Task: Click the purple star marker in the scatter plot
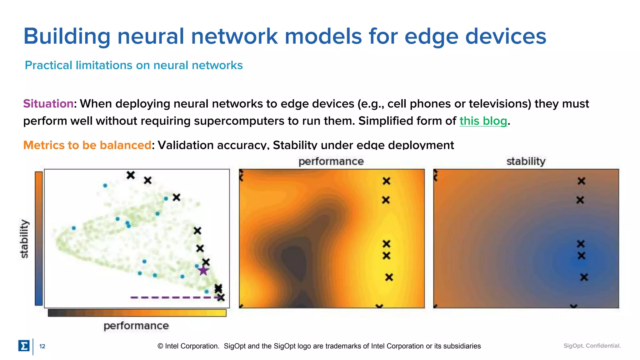[x=203, y=271]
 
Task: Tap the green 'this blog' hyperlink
[x=483, y=121]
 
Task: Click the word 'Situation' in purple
[x=48, y=104]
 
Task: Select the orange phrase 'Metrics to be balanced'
[x=87, y=145]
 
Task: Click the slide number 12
[x=42, y=346]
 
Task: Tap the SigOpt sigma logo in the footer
[x=24, y=346]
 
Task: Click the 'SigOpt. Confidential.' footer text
[x=592, y=346]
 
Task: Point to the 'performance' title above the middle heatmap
[x=331, y=162]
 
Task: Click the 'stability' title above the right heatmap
[x=526, y=162]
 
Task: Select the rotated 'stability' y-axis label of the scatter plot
[x=24, y=239]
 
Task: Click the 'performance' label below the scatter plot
[x=136, y=326]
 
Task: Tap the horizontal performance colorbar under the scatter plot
[x=137, y=313]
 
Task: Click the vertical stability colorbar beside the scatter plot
[x=39, y=238]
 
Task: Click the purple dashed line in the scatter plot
[x=175, y=297]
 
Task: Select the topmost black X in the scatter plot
[x=131, y=175]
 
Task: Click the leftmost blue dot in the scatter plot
[x=74, y=228]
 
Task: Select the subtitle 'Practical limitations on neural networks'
[x=134, y=65]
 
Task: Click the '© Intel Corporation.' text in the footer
[x=188, y=346]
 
